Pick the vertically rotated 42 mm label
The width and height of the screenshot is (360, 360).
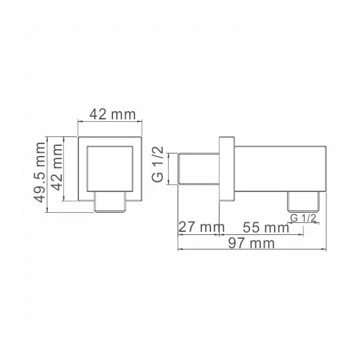point(57,172)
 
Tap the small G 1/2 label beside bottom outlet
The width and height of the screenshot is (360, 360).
point(303,218)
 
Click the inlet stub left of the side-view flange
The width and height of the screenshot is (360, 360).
point(198,169)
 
